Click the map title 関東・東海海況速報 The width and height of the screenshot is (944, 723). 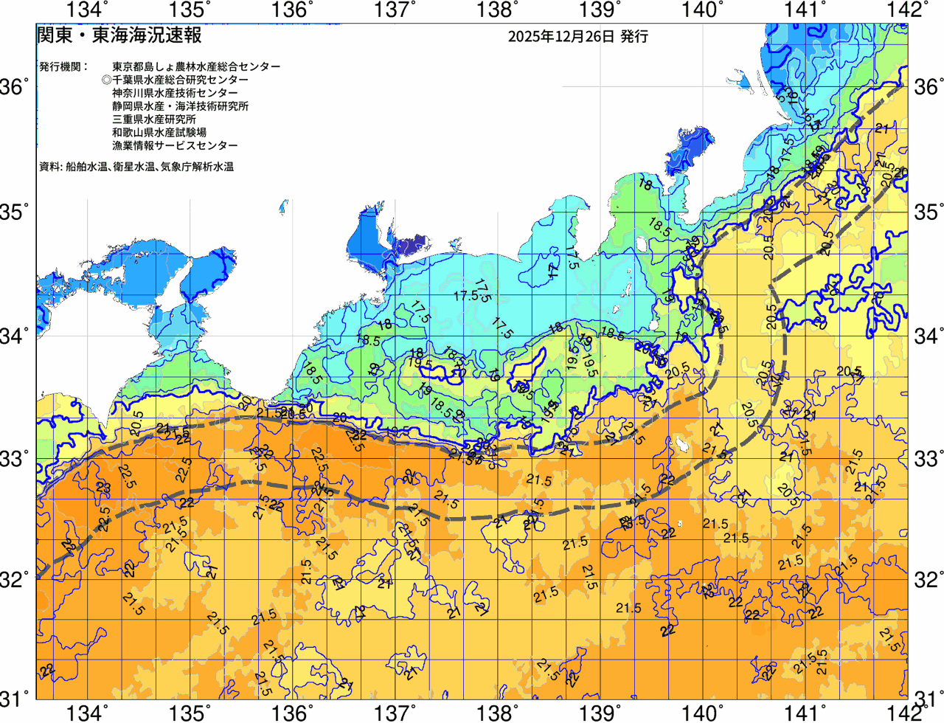[119, 35]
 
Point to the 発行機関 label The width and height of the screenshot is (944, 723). [63, 66]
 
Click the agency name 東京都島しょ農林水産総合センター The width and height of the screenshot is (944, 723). [196, 66]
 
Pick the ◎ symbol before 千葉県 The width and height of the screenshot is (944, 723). [106, 80]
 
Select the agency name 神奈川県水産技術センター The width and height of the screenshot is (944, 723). [175, 93]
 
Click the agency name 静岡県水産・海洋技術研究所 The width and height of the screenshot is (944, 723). [180, 106]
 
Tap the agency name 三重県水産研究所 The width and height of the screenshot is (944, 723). [154, 120]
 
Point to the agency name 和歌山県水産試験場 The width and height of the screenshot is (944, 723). [159, 133]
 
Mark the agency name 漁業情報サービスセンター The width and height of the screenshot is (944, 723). [175, 146]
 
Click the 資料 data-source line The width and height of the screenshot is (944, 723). [136, 167]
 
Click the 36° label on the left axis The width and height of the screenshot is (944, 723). [16, 88]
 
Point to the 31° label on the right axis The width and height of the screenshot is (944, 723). [928, 698]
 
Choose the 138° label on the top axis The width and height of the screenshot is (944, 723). [495, 10]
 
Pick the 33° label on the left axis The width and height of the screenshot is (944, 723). [16, 458]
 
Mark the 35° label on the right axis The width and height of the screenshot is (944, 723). [928, 212]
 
